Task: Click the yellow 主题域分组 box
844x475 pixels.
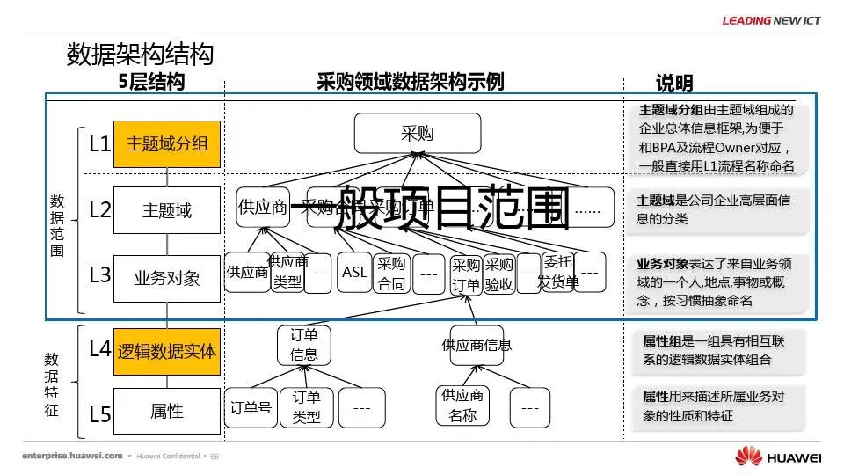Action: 166,143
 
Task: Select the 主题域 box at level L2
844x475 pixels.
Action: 166,210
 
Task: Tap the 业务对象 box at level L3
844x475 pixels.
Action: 166,278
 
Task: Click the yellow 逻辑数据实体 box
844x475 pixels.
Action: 166,351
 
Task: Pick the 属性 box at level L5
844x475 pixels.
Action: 166,411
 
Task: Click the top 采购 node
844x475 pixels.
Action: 418,134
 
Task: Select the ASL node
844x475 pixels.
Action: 355,273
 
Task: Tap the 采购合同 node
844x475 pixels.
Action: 392,274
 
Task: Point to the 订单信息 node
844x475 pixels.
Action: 304,344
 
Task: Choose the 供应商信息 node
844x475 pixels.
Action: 477,345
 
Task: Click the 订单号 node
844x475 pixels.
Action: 251,408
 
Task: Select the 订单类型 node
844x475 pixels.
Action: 307,407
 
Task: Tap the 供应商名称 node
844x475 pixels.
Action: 462,406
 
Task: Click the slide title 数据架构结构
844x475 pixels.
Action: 140,55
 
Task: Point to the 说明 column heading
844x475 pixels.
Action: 674,84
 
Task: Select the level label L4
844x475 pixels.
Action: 100,349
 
